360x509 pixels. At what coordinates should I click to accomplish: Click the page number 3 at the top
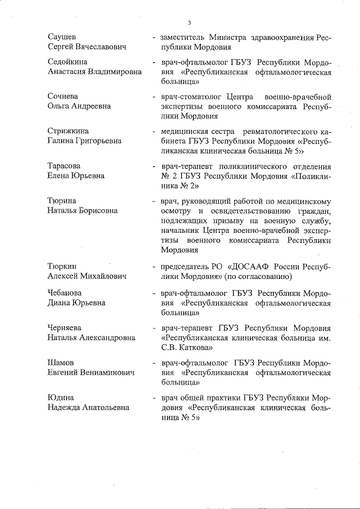190,22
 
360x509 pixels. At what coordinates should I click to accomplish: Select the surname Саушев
62,38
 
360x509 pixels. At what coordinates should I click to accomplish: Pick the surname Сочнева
63,96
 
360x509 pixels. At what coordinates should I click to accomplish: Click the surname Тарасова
64,166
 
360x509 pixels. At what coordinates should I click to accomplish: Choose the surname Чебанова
65,293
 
